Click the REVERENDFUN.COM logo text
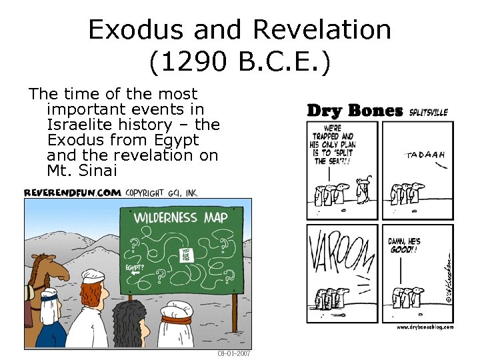point(73,192)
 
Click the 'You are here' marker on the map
point(186,255)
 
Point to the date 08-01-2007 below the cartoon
point(234,353)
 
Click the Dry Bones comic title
point(355,111)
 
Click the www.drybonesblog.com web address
point(425,327)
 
